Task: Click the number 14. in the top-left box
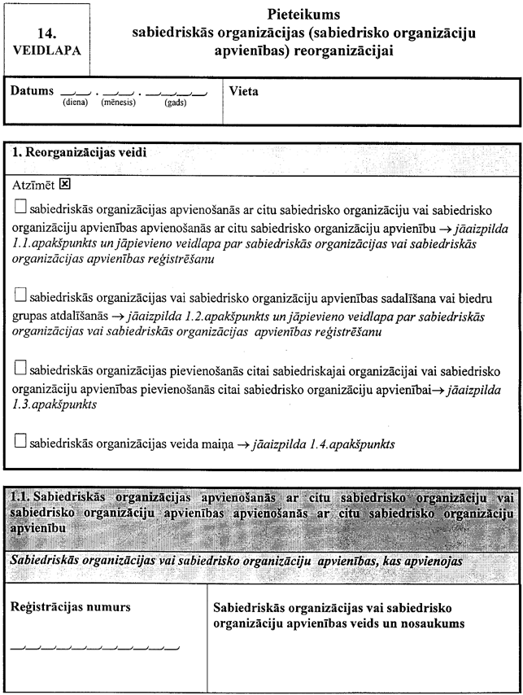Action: point(47,34)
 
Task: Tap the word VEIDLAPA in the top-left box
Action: point(47,50)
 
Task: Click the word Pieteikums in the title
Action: point(303,15)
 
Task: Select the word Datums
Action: point(33,91)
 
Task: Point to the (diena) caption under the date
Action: point(75,103)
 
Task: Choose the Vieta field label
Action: point(244,91)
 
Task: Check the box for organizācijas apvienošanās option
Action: point(21,207)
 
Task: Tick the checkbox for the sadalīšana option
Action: point(21,296)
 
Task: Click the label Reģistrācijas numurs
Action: point(70,608)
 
